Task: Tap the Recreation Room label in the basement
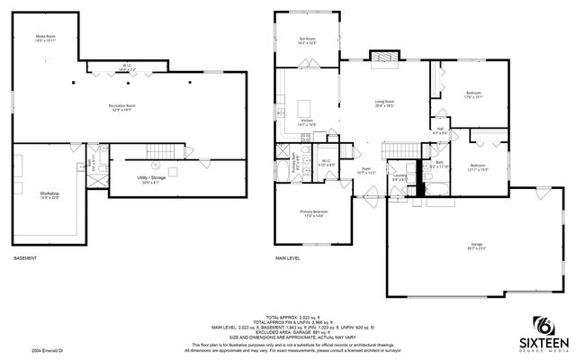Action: (x=129, y=107)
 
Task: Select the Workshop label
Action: (x=49, y=194)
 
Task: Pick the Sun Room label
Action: (x=307, y=40)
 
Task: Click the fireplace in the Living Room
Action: (x=386, y=58)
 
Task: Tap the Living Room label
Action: (x=385, y=103)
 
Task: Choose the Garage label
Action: (x=475, y=246)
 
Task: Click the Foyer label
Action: (x=367, y=170)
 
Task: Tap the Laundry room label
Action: (x=399, y=178)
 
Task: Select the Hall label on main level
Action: (x=440, y=131)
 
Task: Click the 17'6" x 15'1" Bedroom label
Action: (x=473, y=94)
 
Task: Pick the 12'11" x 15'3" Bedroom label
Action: (x=477, y=167)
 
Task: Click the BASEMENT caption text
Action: (x=25, y=258)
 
